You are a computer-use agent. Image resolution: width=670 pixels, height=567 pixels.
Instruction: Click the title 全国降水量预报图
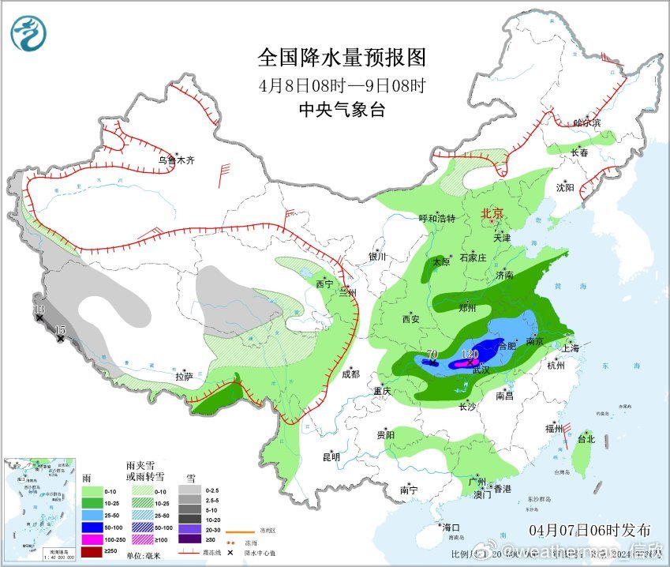point(342,58)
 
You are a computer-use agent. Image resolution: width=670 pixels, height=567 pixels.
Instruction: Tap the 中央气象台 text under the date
point(342,110)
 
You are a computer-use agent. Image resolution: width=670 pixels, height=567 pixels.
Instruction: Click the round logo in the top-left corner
point(29,33)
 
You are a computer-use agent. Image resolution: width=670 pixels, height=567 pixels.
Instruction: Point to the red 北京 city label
point(492,213)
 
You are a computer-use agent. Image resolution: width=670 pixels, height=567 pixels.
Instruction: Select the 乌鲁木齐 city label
point(175,160)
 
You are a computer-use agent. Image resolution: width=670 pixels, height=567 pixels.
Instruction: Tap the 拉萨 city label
point(185,376)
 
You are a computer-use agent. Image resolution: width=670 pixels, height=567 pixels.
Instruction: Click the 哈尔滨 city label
point(587,122)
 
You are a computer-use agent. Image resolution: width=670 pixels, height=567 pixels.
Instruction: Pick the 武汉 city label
point(481,370)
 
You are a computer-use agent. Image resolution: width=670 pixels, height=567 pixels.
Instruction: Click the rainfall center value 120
point(470,355)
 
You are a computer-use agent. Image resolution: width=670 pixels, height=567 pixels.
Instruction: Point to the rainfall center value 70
point(432,355)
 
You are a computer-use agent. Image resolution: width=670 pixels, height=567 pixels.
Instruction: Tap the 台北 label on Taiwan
point(586,438)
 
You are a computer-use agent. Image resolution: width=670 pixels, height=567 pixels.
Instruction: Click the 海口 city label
point(451,527)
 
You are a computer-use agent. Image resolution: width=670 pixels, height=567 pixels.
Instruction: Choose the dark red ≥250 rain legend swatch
point(94,551)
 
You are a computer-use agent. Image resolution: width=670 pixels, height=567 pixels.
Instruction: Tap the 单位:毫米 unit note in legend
point(148,556)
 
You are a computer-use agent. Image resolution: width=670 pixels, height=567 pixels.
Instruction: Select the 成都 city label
point(350,374)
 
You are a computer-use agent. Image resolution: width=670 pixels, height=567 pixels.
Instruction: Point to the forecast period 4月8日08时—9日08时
point(342,84)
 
